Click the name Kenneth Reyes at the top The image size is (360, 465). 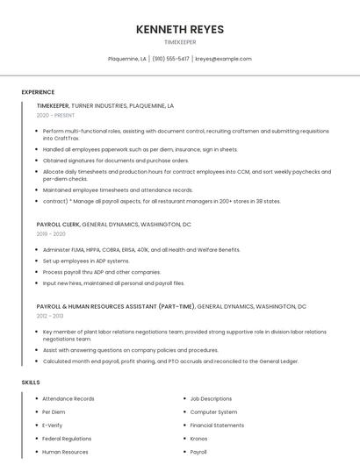tap(180, 29)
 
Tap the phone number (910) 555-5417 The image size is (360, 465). tap(171, 59)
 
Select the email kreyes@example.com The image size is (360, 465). tap(223, 59)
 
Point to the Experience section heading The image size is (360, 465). tap(38, 92)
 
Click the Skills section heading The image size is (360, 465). tap(31, 383)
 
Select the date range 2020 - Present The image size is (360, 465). tap(55, 115)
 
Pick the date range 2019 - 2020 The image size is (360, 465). tap(51, 234)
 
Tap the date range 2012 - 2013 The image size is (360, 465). tap(50, 316)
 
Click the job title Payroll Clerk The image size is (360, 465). tap(58, 225)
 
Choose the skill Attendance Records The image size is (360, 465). tap(68, 399)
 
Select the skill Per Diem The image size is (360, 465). tap(54, 412)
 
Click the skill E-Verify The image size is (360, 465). tap(53, 426)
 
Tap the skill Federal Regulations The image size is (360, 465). tap(67, 439)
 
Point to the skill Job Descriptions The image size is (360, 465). tap(211, 399)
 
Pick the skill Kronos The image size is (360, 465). tap(198, 439)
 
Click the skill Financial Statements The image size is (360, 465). tap(217, 426)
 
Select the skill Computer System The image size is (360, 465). tap(213, 412)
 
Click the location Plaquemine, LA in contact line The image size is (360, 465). tap(127, 59)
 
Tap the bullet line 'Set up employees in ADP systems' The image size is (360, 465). tap(86, 261)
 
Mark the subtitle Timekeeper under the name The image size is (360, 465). tap(180, 42)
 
